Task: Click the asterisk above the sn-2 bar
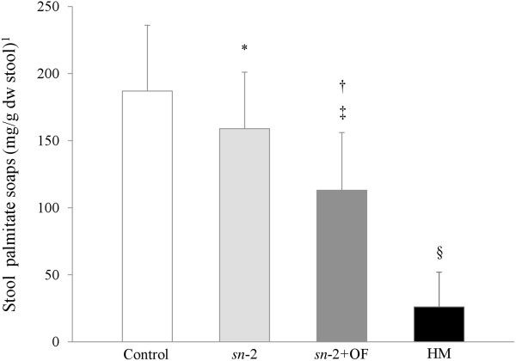pyautogui.click(x=245, y=49)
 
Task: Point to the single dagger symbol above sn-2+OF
pyautogui.click(x=342, y=85)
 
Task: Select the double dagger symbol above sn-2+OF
pyautogui.click(x=342, y=113)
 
